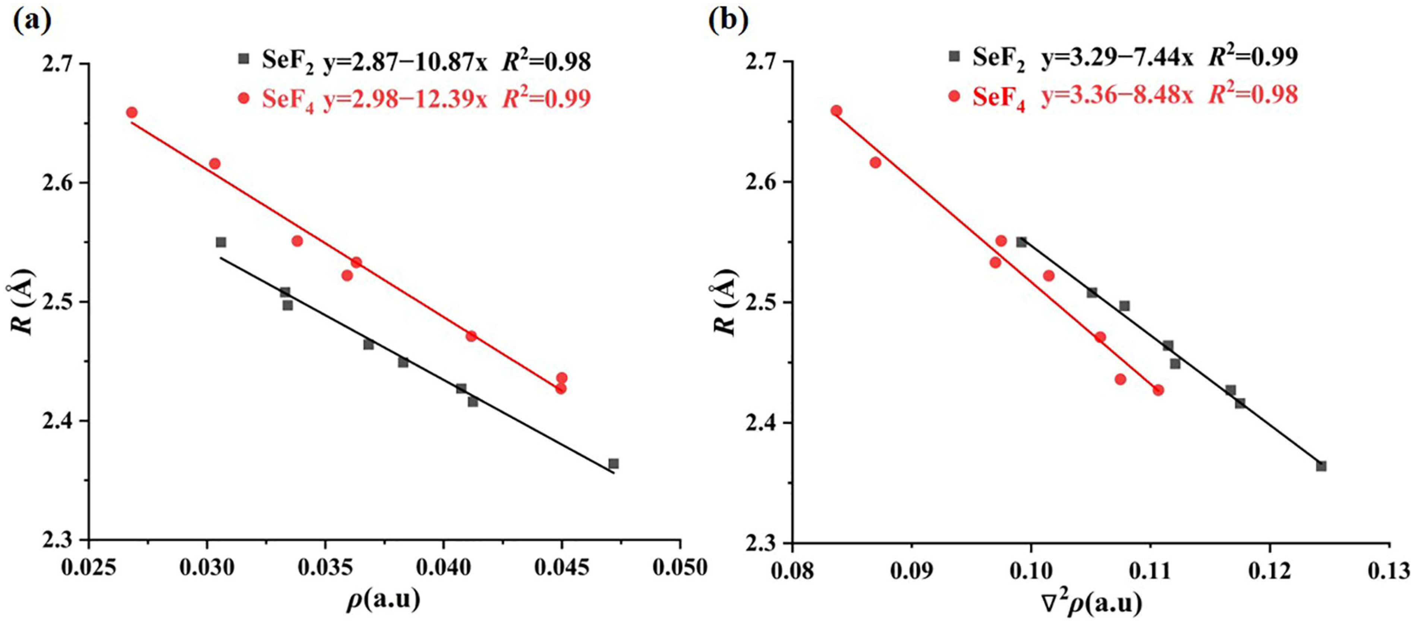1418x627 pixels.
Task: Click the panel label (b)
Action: [728, 21]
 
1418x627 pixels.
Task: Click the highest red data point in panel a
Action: [132, 112]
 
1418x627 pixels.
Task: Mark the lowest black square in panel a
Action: [613, 463]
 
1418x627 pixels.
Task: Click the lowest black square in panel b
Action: [1321, 466]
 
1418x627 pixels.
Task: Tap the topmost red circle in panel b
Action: [836, 111]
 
